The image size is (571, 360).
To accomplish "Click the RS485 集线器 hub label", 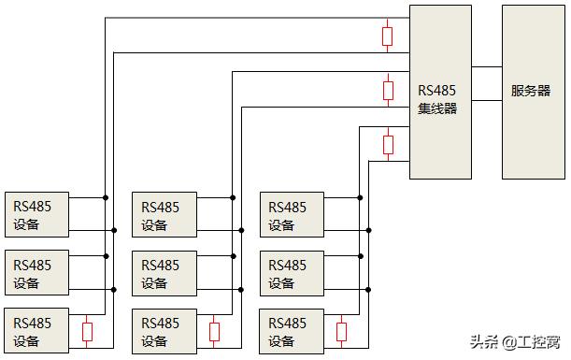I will pyautogui.click(x=437, y=99).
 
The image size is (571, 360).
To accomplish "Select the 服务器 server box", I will pyautogui.click(x=533, y=92).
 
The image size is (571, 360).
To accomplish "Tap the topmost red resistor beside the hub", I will pyautogui.click(x=388, y=36).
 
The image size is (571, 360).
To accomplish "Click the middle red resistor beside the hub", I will pyautogui.click(x=388, y=90).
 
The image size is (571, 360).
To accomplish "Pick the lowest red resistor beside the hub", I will pyautogui.click(x=388, y=144).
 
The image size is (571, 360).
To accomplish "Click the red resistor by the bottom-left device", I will pyautogui.click(x=88, y=331).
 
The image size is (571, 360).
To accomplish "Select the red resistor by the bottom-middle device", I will pyautogui.click(x=215, y=331).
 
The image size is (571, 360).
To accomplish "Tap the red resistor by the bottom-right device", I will pyautogui.click(x=342, y=331).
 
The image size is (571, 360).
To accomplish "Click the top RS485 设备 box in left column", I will pyautogui.click(x=36, y=215).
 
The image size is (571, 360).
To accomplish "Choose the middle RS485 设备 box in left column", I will pyautogui.click(x=36, y=273).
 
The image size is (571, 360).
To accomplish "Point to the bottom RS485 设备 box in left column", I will pyautogui.click(x=36, y=331).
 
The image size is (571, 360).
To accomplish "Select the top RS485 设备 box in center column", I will pyautogui.click(x=164, y=215).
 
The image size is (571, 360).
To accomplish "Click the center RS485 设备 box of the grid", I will pyautogui.click(x=164, y=273).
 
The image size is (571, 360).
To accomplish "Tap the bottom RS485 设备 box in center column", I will pyautogui.click(x=164, y=331).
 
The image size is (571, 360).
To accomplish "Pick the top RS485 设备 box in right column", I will pyautogui.click(x=291, y=215).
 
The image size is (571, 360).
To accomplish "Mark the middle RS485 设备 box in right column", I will pyautogui.click(x=291, y=273).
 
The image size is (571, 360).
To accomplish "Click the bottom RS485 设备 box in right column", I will pyautogui.click(x=291, y=331).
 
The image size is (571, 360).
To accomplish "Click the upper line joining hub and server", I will pyautogui.click(x=487, y=67).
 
